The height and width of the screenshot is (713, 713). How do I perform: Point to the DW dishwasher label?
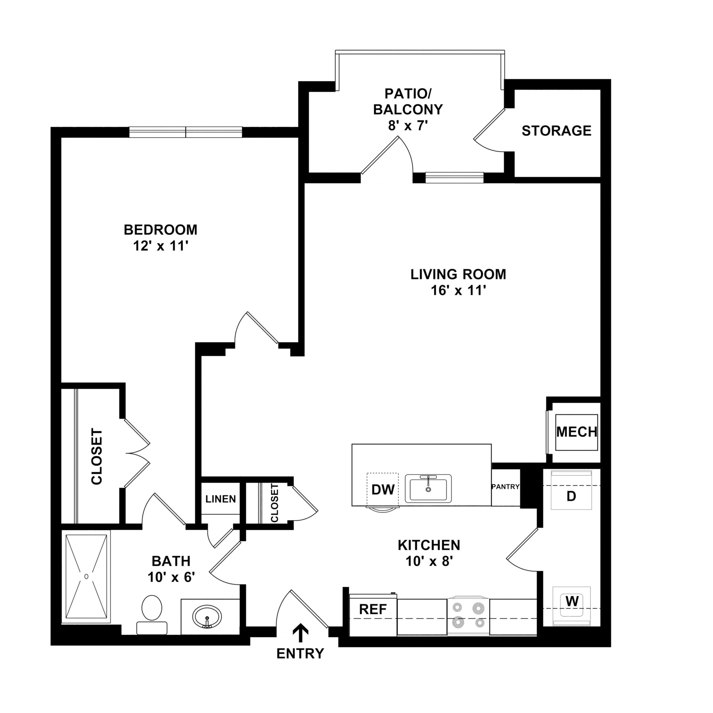(383, 489)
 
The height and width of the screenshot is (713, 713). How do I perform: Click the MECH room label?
(577, 432)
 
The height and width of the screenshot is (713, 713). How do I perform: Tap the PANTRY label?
(505, 486)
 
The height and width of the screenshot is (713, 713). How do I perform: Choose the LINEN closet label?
(221, 499)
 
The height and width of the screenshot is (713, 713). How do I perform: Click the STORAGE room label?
(556, 131)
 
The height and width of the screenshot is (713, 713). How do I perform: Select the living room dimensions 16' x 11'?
(458, 290)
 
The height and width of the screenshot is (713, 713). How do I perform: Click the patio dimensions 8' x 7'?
(408, 126)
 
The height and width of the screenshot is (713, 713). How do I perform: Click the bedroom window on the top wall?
(186, 132)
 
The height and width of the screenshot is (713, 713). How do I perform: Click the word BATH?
(171, 561)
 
